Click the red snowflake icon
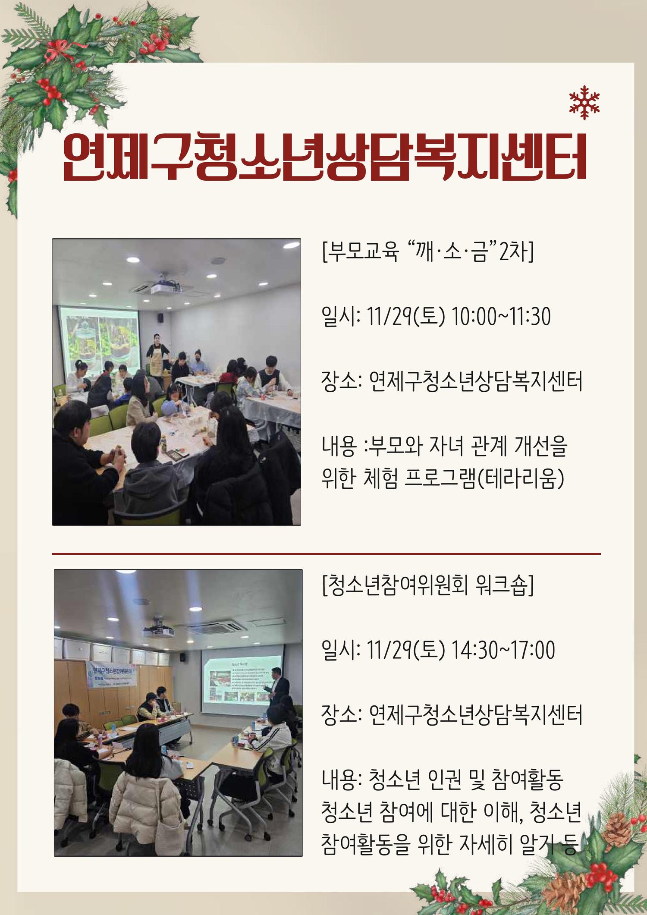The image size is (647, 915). coord(584,102)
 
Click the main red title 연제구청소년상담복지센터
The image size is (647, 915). coord(324,158)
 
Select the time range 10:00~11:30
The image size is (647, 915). coord(501,318)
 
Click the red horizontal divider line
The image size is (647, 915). coord(326,553)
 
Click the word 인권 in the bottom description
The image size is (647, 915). coord(444,780)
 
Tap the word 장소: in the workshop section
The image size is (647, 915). coord(341,716)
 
